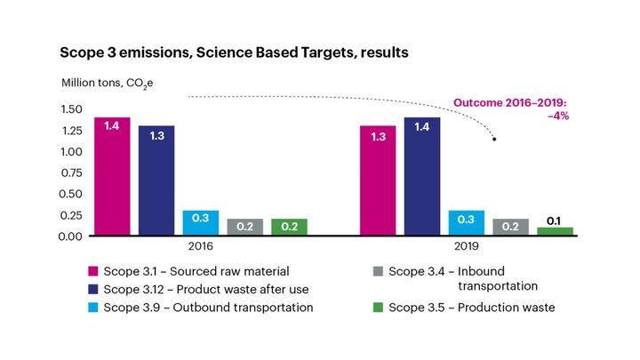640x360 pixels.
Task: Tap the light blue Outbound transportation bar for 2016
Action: pos(201,222)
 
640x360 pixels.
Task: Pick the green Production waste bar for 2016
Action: pos(289,227)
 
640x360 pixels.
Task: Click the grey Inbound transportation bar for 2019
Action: pos(511,227)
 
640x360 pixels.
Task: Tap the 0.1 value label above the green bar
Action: pos(555,220)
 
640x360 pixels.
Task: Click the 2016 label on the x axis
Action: pos(201,250)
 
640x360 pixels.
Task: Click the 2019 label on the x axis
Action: pos(467,250)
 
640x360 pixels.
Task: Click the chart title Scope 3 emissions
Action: pos(234,52)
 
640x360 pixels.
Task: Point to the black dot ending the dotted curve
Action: pos(494,140)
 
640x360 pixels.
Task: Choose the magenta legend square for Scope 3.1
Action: pos(92,270)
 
